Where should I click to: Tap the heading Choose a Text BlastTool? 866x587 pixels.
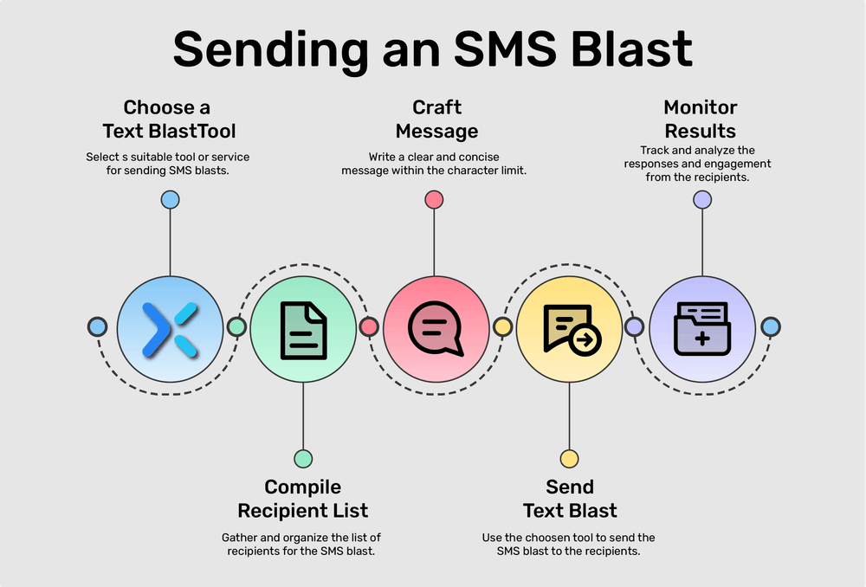pos(169,119)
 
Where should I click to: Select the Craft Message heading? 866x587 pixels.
pos(436,119)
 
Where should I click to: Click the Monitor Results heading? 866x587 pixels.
pos(701,119)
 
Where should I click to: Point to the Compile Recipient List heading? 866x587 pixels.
pos(303,499)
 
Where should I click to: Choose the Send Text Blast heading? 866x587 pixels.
pos(570,499)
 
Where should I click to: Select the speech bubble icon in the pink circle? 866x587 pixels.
pos(436,330)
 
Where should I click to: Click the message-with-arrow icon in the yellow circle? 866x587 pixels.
pos(570,330)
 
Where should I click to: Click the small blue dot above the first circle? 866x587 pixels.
pos(170,200)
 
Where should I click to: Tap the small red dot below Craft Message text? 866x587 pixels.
pos(435,200)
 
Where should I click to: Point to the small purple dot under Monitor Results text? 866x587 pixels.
pos(702,200)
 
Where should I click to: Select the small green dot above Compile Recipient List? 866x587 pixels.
pos(303,458)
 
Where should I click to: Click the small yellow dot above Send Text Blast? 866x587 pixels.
pos(569,458)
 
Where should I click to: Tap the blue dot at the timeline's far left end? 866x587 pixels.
pos(98,327)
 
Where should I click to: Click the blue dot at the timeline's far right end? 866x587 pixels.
pos(770,327)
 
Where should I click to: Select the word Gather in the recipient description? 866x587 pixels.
pos(240,538)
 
